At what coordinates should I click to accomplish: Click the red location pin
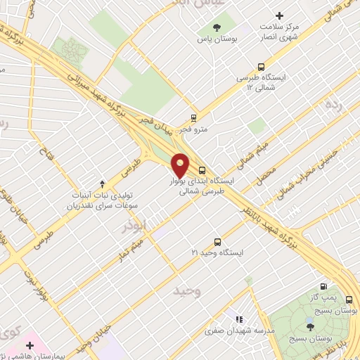[x=181, y=165]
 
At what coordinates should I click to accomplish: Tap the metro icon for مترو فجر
[x=193, y=118]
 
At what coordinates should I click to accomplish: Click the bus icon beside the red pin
[x=202, y=169]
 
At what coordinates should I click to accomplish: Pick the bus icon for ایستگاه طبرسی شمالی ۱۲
[x=262, y=67]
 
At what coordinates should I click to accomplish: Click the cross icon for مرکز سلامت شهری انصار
[x=280, y=15]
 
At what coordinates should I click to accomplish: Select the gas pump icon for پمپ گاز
[x=323, y=286]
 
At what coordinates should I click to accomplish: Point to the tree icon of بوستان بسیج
[x=311, y=327]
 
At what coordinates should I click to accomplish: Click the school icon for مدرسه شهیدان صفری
[x=238, y=319]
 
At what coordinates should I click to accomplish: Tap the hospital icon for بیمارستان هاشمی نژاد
[x=29, y=346]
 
